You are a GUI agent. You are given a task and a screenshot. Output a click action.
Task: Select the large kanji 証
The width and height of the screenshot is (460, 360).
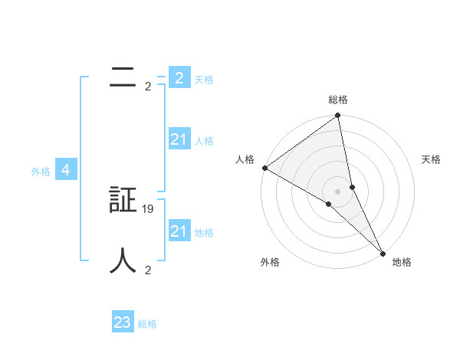(x=123, y=200)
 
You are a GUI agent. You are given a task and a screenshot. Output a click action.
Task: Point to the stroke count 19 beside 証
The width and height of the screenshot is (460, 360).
(x=148, y=208)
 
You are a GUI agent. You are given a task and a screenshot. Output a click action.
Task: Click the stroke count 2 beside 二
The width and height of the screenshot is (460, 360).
(x=147, y=86)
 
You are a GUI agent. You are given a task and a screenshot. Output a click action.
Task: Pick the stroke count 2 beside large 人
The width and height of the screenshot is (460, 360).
(x=147, y=270)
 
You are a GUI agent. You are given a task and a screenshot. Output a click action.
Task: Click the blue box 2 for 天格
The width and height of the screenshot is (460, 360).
(x=179, y=78)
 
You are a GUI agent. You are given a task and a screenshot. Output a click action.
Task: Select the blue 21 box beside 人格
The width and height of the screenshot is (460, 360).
(x=179, y=139)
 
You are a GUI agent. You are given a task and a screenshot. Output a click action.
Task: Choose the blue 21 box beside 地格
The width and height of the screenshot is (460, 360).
(x=179, y=231)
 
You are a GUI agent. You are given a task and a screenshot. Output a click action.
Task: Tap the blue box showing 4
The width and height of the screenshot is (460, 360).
(x=66, y=170)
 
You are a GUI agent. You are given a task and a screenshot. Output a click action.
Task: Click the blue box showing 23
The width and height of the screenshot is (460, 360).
(x=123, y=322)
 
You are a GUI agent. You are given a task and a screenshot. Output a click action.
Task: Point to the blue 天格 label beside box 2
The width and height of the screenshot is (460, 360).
(x=204, y=80)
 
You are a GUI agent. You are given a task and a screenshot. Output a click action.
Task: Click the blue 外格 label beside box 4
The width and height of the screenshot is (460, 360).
(x=41, y=172)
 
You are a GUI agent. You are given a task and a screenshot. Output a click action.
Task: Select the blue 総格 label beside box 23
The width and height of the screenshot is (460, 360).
(x=147, y=324)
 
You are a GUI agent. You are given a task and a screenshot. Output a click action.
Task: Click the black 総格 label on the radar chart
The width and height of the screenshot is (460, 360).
(x=338, y=100)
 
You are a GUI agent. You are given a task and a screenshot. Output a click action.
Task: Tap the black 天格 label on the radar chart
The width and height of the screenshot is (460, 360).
(x=432, y=159)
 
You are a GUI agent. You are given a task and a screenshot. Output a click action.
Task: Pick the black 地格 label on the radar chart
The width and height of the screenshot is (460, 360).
(x=402, y=262)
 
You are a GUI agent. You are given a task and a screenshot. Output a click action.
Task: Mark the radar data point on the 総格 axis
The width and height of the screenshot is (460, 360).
(x=338, y=116)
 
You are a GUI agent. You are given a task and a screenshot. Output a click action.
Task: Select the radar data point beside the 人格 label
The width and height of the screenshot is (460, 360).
(x=264, y=168)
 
